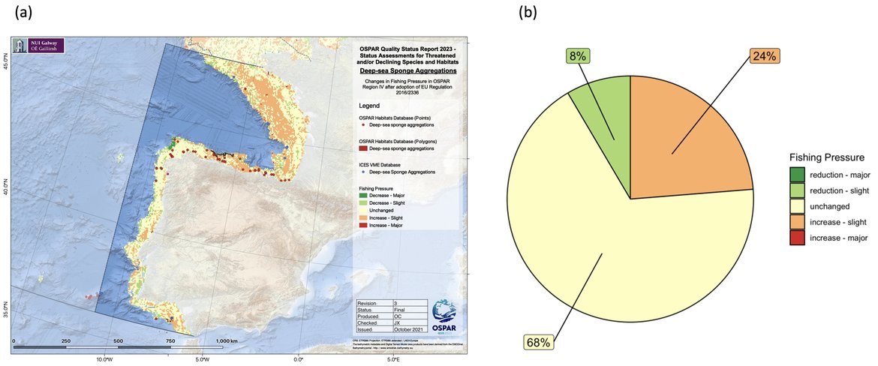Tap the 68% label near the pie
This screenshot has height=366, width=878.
[538, 343]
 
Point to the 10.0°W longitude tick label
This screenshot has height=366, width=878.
[104, 359]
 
